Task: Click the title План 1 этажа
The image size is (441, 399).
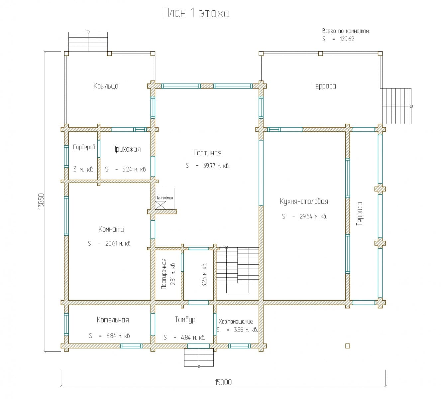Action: [x=196, y=13]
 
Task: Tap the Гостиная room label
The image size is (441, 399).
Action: [x=207, y=153]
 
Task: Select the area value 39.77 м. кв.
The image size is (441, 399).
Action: [x=216, y=166]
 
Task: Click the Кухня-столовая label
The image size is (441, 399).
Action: [x=304, y=201]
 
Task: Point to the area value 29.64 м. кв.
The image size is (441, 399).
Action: [x=313, y=216]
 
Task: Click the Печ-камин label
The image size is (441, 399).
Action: [x=164, y=198]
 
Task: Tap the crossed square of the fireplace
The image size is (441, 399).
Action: [x=161, y=205]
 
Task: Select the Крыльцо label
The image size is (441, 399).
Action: [x=106, y=86]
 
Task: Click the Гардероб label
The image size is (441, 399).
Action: [x=84, y=147]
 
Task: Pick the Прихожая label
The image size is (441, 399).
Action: [x=126, y=149]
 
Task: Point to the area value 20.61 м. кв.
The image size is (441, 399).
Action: [x=118, y=243]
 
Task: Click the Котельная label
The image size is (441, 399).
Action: [x=113, y=320]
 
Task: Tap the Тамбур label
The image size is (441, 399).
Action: [x=185, y=320]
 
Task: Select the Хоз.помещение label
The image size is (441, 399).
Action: [x=236, y=322]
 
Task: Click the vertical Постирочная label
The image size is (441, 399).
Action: [x=164, y=274]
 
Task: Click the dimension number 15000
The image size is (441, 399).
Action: [x=223, y=382]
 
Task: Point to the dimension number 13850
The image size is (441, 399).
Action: [x=41, y=201]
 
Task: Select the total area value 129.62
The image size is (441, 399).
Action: [x=347, y=39]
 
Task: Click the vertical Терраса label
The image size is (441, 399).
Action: [x=359, y=213]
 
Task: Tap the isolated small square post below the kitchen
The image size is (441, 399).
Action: [x=348, y=346]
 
